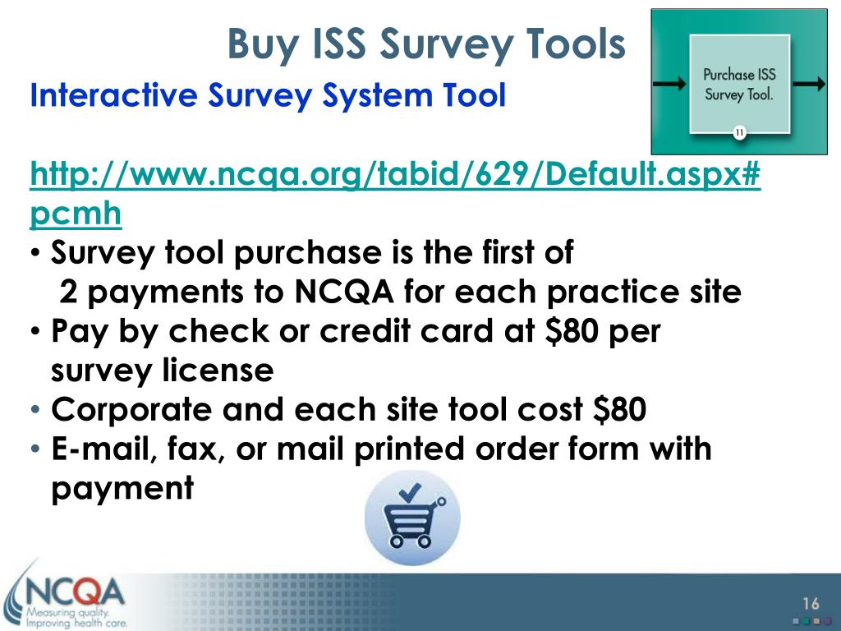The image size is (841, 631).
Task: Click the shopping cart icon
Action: (412, 518)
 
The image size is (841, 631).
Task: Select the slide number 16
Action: (811, 604)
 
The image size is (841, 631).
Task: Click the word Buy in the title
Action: (262, 45)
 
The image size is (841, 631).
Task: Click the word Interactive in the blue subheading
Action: (113, 95)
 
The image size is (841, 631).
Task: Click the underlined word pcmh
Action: (76, 214)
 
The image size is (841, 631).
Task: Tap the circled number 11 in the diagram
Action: (740, 132)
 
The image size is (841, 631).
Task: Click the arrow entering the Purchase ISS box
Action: (670, 84)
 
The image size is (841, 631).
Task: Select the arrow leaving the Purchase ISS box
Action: (809, 84)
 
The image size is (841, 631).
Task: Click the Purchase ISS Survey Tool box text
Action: (739, 85)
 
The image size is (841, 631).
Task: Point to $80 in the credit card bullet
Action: (572, 331)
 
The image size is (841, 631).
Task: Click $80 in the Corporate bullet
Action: (619, 410)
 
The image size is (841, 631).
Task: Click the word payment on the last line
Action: (122, 489)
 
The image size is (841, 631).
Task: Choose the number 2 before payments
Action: (68, 292)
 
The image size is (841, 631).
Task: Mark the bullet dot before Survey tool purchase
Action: (35, 252)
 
